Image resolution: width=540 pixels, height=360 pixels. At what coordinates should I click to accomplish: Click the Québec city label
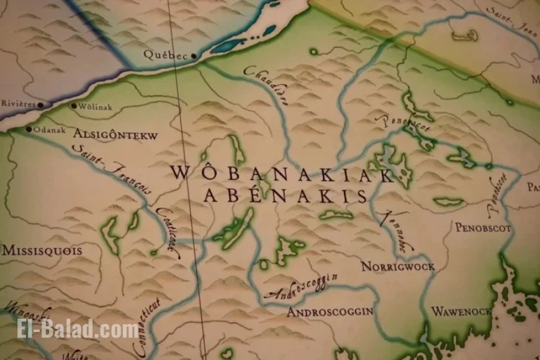click(x=164, y=55)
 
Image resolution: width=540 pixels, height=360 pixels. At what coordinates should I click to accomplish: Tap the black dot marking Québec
click(x=194, y=56)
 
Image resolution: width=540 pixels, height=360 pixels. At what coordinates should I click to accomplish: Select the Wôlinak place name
click(x=95, y=107)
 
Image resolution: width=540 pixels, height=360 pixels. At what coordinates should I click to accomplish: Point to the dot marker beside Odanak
click(x=28, y=130)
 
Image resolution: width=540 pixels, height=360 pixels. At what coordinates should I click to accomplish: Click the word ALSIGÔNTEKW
click(x=115, y=135)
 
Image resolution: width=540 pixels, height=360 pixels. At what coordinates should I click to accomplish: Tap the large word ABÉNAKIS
click(x=285, y=196)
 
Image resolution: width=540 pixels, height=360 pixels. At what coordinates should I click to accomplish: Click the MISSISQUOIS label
click(x=42, y=251)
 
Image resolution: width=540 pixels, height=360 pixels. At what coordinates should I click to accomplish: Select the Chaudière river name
click(x=266, y=86)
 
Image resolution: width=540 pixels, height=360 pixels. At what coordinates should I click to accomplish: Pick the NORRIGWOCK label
click(x=397, y=266)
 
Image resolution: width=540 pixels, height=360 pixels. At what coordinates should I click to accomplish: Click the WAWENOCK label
click(x=461, y=311)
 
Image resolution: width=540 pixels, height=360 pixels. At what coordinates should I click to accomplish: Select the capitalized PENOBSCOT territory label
click(x=483, y=228)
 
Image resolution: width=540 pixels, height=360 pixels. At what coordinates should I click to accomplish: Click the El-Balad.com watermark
click(x=78, y=328)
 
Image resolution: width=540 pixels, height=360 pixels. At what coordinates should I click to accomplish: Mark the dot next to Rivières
click(x=40, y=105)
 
